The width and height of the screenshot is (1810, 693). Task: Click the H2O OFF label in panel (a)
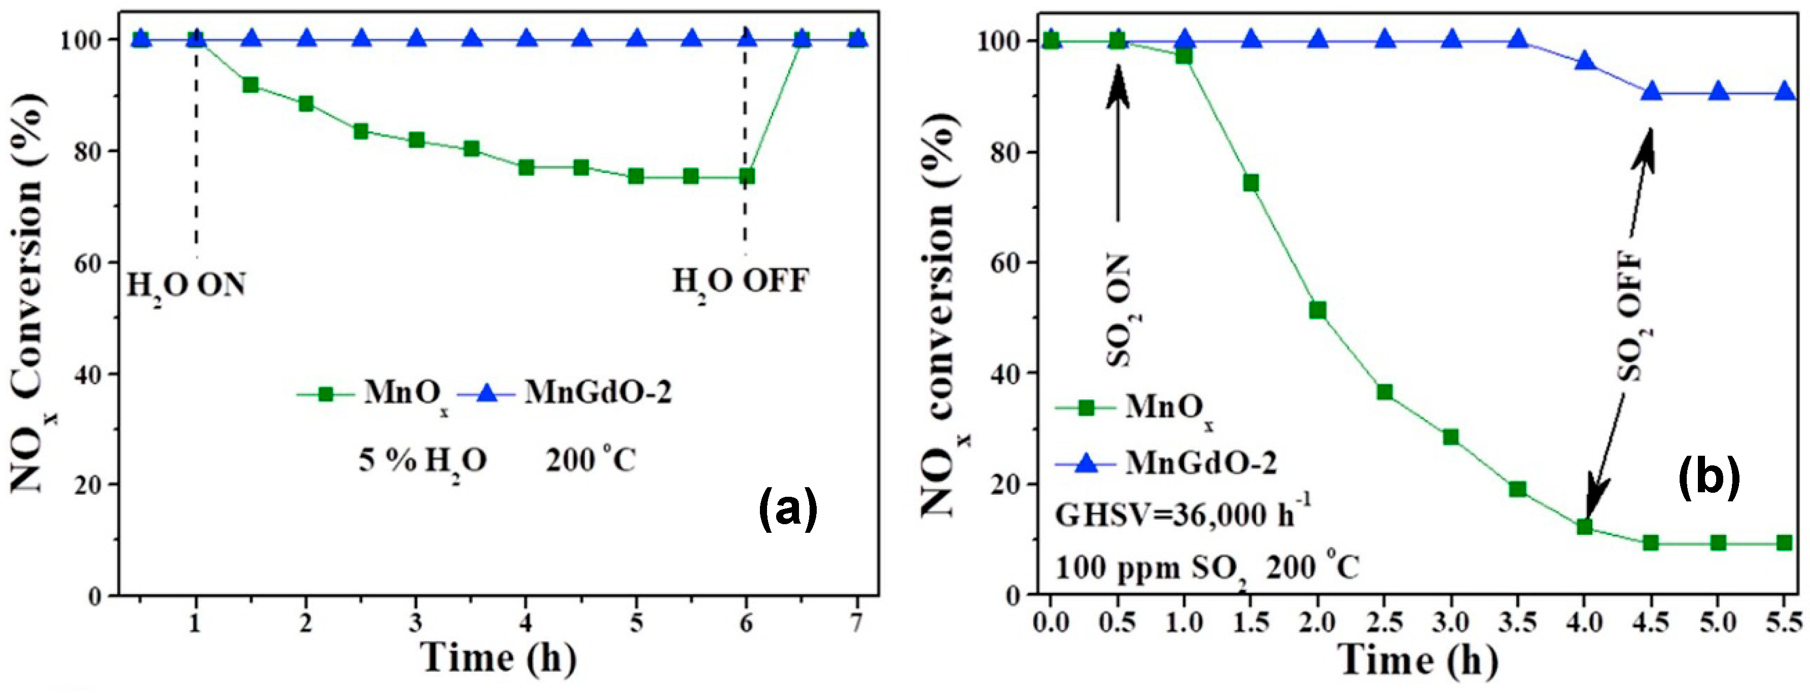[x=741, y=282]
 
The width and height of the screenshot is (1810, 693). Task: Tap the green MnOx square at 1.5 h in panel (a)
[x=250, y=86]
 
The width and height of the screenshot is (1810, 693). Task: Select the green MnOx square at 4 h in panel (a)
[x=526, y=168]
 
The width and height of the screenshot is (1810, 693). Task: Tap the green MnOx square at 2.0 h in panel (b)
[x=1317, y=310]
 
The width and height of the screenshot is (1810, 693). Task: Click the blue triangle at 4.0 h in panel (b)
[x=1584, y=62]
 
